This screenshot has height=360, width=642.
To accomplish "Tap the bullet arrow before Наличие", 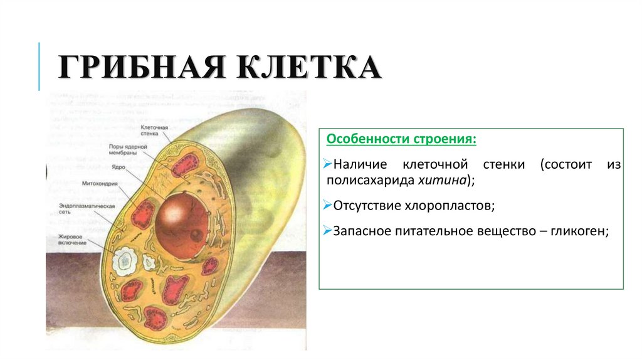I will pyautogui.click(x=328, y=164).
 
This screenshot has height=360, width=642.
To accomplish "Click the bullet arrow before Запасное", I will pyautogui.click(x=328, y=231).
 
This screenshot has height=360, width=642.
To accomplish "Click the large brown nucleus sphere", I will pyautogui.click(x=182, y=226).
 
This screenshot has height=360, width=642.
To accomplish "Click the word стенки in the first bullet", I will pyautogui.click(x=505, y=164).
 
